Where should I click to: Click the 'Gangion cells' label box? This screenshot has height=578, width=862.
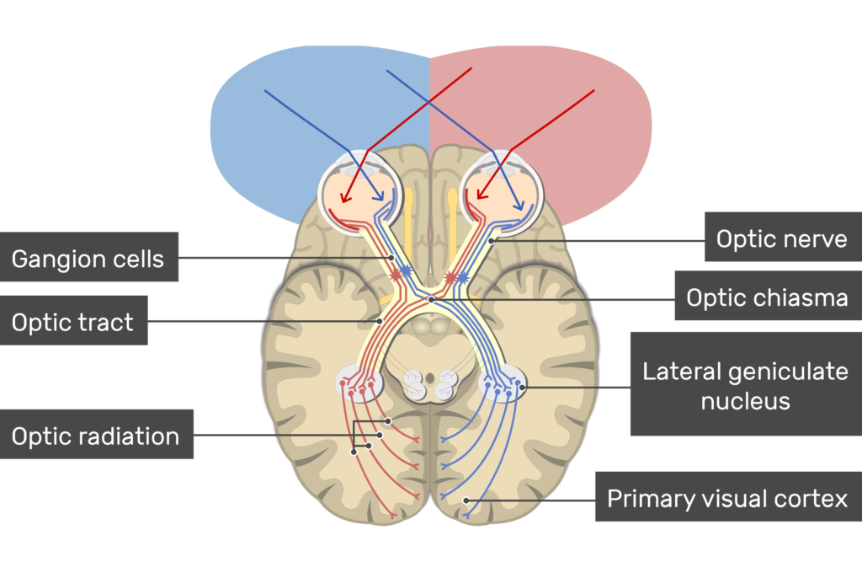point(88,257)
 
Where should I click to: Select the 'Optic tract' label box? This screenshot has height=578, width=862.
point(73,320)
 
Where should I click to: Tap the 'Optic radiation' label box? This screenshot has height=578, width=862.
point(96,435)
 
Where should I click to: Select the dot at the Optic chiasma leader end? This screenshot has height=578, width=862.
point(431,298)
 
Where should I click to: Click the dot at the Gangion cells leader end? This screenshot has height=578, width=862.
point(392,257)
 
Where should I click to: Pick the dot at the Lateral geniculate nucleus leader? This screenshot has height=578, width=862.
point(523,387)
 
